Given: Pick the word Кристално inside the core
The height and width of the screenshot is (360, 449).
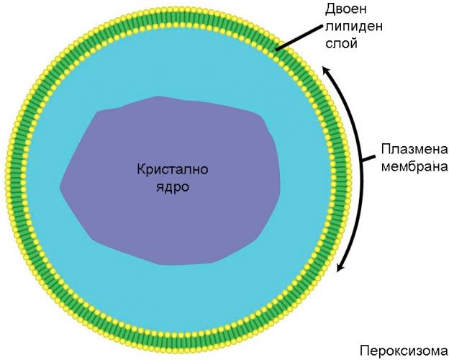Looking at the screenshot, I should click(x=168, y=171).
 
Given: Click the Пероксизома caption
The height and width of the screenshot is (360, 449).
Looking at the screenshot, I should click(x=404, y=351).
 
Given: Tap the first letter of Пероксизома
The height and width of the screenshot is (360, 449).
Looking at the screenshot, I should click(x=364, y=351).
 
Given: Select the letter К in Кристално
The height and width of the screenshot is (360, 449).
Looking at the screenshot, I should click(x=140, y=171).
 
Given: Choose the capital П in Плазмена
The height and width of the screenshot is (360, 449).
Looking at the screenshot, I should click(x=385, y=151).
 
